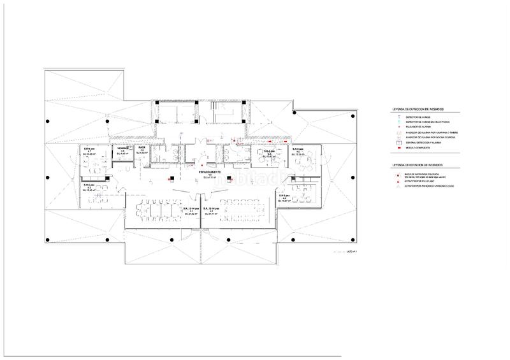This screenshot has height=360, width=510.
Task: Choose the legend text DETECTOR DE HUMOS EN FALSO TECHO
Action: click(427, 122)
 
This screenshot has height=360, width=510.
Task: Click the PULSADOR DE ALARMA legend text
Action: click(418, 127)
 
